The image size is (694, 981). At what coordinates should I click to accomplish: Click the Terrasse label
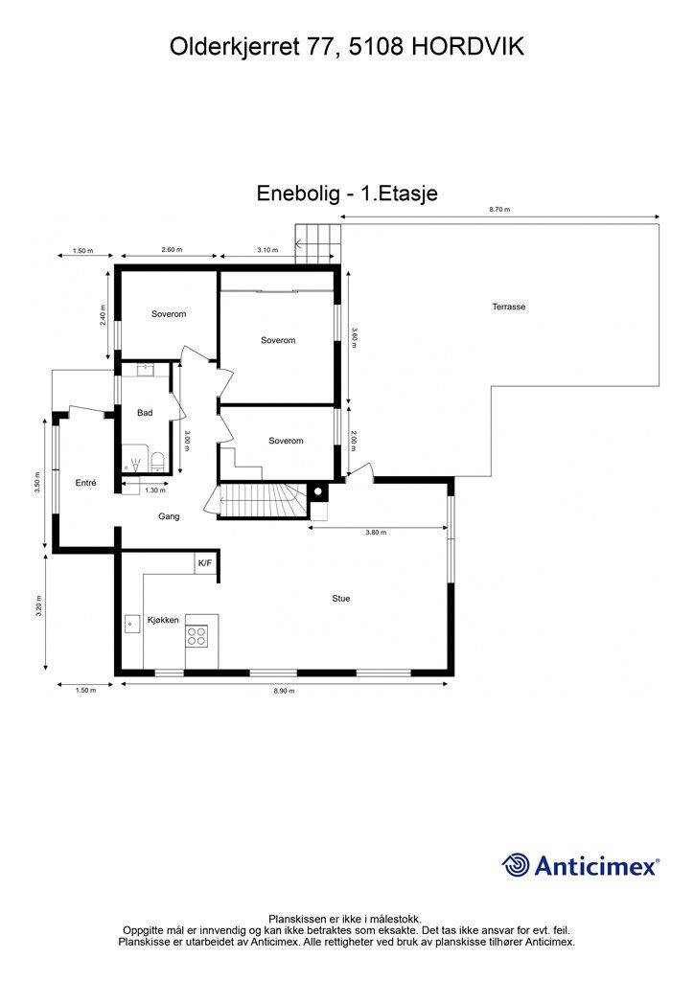(508, 307)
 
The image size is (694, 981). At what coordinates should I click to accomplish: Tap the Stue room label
(341, 599)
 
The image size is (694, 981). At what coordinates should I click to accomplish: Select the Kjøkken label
(163, 620)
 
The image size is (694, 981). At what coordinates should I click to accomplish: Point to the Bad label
(145, 413)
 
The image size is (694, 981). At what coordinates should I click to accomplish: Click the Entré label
(85, 483)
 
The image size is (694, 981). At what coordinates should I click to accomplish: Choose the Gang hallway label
(169, 516)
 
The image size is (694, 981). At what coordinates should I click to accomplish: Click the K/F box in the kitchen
(204, 563)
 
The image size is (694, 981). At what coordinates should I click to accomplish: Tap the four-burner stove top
(196, 636)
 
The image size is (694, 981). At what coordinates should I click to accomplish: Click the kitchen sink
(131, 624)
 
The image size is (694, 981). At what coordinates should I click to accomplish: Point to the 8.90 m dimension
(284, 691)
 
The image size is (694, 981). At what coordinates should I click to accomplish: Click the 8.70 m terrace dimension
(499, 210)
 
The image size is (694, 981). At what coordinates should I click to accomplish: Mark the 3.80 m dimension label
(376, 533)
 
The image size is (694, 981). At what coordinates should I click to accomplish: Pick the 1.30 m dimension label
(155, 490)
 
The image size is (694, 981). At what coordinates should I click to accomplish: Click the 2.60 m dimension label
(172, 250)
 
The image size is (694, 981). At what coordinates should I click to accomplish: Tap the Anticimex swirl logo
(516, 865)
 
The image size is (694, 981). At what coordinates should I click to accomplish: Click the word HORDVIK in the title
(468, 47)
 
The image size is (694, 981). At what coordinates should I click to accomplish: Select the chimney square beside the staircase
(318, 492)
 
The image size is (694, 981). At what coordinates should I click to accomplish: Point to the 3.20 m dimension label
(38, 606)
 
